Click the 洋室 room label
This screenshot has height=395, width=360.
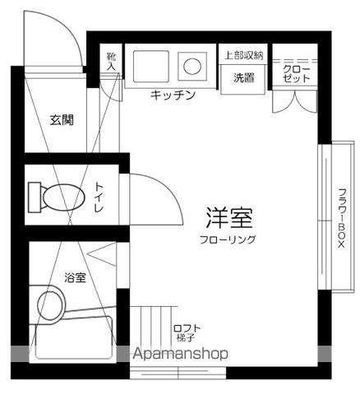click(228, 218)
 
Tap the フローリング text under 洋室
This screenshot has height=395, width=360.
click(228, 239)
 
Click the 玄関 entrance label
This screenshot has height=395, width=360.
click(61, 120)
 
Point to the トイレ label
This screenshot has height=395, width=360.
click(99, 197)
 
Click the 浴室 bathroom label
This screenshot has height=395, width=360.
click(75, 278)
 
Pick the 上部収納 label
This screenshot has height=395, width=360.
click(243, 55)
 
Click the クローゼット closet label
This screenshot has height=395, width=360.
click(297, 72)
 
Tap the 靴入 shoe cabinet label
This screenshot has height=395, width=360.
click(112, 62)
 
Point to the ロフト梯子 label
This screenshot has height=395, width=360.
click(187, 333)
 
